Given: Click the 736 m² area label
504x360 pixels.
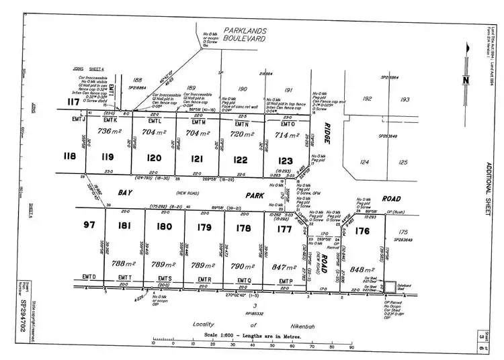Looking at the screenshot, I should tap(108, 132).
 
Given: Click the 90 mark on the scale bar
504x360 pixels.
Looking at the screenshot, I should tap(351, 348).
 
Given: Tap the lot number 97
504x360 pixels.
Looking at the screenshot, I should tap(88, 224).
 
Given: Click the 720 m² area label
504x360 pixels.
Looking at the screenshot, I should tap(240, 134).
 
